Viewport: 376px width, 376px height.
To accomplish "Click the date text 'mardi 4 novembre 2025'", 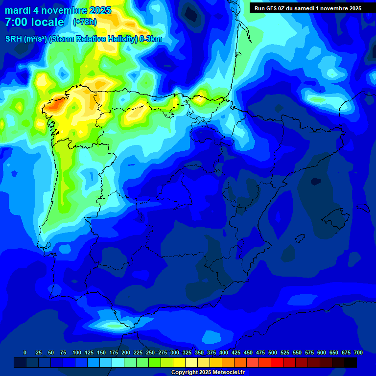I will tap(58, 10).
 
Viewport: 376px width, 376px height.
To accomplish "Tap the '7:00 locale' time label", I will tap(34, 22).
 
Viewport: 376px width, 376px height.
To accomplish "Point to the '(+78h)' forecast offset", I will tap(85, 22).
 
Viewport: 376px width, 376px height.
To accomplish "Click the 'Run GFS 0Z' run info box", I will tap(308, 8).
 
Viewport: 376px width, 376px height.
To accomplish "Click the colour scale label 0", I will tap(25, 352).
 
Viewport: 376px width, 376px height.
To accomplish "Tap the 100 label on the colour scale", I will tap(77, 352).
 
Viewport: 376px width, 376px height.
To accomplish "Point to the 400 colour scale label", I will tap(224, 352).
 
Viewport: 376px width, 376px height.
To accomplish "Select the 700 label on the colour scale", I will tap(358, 352).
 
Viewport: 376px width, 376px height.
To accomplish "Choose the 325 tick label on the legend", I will tap(187, 352).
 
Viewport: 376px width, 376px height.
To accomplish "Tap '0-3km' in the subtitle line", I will tap(151, 39).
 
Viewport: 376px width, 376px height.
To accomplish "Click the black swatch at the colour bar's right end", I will tap(350, 363).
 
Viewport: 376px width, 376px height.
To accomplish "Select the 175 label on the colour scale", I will tap(114, 352).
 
